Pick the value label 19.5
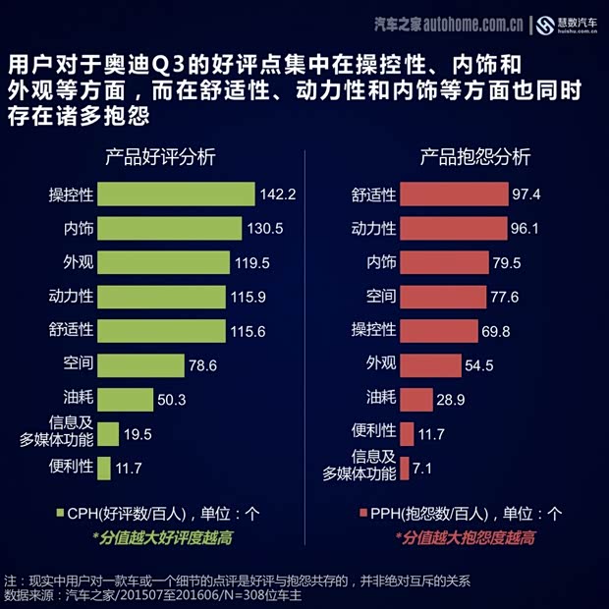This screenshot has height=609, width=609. point(138,434)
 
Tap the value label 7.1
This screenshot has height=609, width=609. point(422,469)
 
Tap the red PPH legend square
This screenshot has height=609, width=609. point(361,513)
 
